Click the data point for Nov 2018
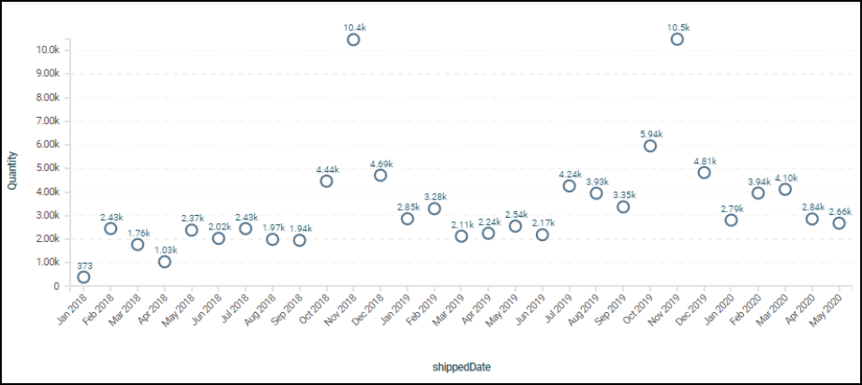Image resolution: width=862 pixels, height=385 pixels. point(353,40)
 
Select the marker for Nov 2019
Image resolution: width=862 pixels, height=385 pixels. point(677,40)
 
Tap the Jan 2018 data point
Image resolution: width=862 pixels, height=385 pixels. point(84,277)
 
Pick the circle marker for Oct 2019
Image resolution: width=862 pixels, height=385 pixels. point(650,146)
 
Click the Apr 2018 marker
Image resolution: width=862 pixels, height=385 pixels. point(165,262)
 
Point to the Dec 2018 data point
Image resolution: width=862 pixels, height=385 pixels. point(380,175)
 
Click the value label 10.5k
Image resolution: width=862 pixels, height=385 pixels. point(677,28)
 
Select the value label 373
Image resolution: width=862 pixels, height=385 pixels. point(84,264)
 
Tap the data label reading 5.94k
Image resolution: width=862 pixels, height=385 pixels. point(650,134)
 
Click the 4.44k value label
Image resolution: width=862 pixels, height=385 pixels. point(326,169)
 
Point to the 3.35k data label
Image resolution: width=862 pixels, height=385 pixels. point(623,195)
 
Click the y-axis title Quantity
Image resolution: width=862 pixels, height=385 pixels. point(13,168)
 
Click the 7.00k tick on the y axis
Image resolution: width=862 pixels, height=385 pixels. point(46,121)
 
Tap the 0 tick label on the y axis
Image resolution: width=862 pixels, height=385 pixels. point(56,286)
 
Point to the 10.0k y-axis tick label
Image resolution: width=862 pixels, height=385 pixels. point(46,49)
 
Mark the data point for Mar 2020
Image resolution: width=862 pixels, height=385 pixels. point(785,189)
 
